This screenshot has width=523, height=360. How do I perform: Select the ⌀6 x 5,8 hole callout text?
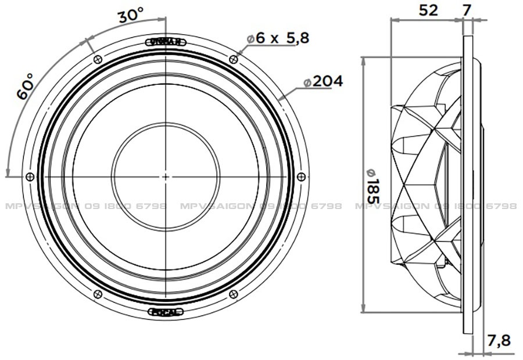[277, 38]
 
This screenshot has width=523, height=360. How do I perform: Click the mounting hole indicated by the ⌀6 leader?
[234, 59]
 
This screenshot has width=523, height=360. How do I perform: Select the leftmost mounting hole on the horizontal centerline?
[30, 177]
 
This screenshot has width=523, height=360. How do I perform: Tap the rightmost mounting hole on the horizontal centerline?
[300, 177]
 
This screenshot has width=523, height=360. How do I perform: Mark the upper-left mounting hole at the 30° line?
[97, 59]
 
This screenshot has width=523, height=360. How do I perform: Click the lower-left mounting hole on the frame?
[97, 294]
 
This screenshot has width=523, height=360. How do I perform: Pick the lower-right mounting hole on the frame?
[234, 294]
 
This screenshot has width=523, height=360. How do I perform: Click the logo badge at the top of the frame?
[166, 41]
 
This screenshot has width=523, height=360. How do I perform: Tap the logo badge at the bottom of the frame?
[166, 312]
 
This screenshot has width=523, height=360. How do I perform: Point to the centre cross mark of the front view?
[166, 177]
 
